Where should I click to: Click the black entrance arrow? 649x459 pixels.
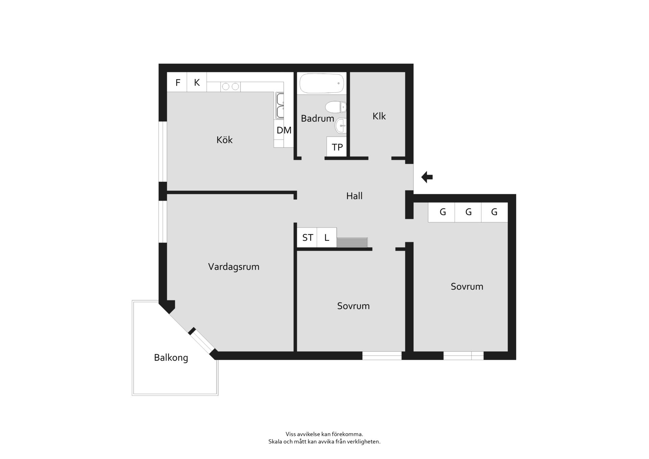[x=427, y=177]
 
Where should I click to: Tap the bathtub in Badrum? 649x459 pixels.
[x=322, y=83]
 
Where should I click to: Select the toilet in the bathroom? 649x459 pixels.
[x=336, y=107]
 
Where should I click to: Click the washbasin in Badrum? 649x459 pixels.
[x=341, y=126]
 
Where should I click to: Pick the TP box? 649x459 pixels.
[x=337, y=147]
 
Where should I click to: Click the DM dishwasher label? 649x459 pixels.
[x=284, y=130]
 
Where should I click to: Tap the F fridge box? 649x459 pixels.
[x=177, y=82]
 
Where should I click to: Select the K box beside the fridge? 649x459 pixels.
[x=197, y=82]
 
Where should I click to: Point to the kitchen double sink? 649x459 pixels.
[x=280, y=106]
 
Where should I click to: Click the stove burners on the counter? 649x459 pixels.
[x=231, y=87]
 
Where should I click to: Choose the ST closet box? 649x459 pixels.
[x=307, y=237]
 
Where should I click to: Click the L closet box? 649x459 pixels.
[x=327, y=237]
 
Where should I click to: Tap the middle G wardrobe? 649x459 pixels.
[x=468, y=212]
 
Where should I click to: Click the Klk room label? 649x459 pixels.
[x=379, y=116]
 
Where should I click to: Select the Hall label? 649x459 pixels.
[x=354, y=196]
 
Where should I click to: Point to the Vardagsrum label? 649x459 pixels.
[x=234, y=267]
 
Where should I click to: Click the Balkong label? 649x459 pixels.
[x=171, y=358]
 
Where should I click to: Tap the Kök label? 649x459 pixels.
[x=224, y=139]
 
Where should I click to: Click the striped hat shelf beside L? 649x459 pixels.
[x=352, y=242]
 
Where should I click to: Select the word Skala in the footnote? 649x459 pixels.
[x=275, y=441]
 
